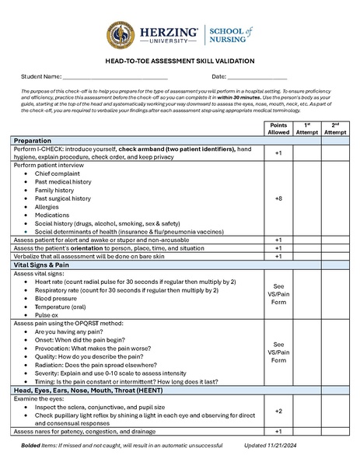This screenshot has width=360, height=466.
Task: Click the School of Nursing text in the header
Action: click(x=231, y=35)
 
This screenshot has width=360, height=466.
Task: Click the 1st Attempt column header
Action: click(x=307, y=128)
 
